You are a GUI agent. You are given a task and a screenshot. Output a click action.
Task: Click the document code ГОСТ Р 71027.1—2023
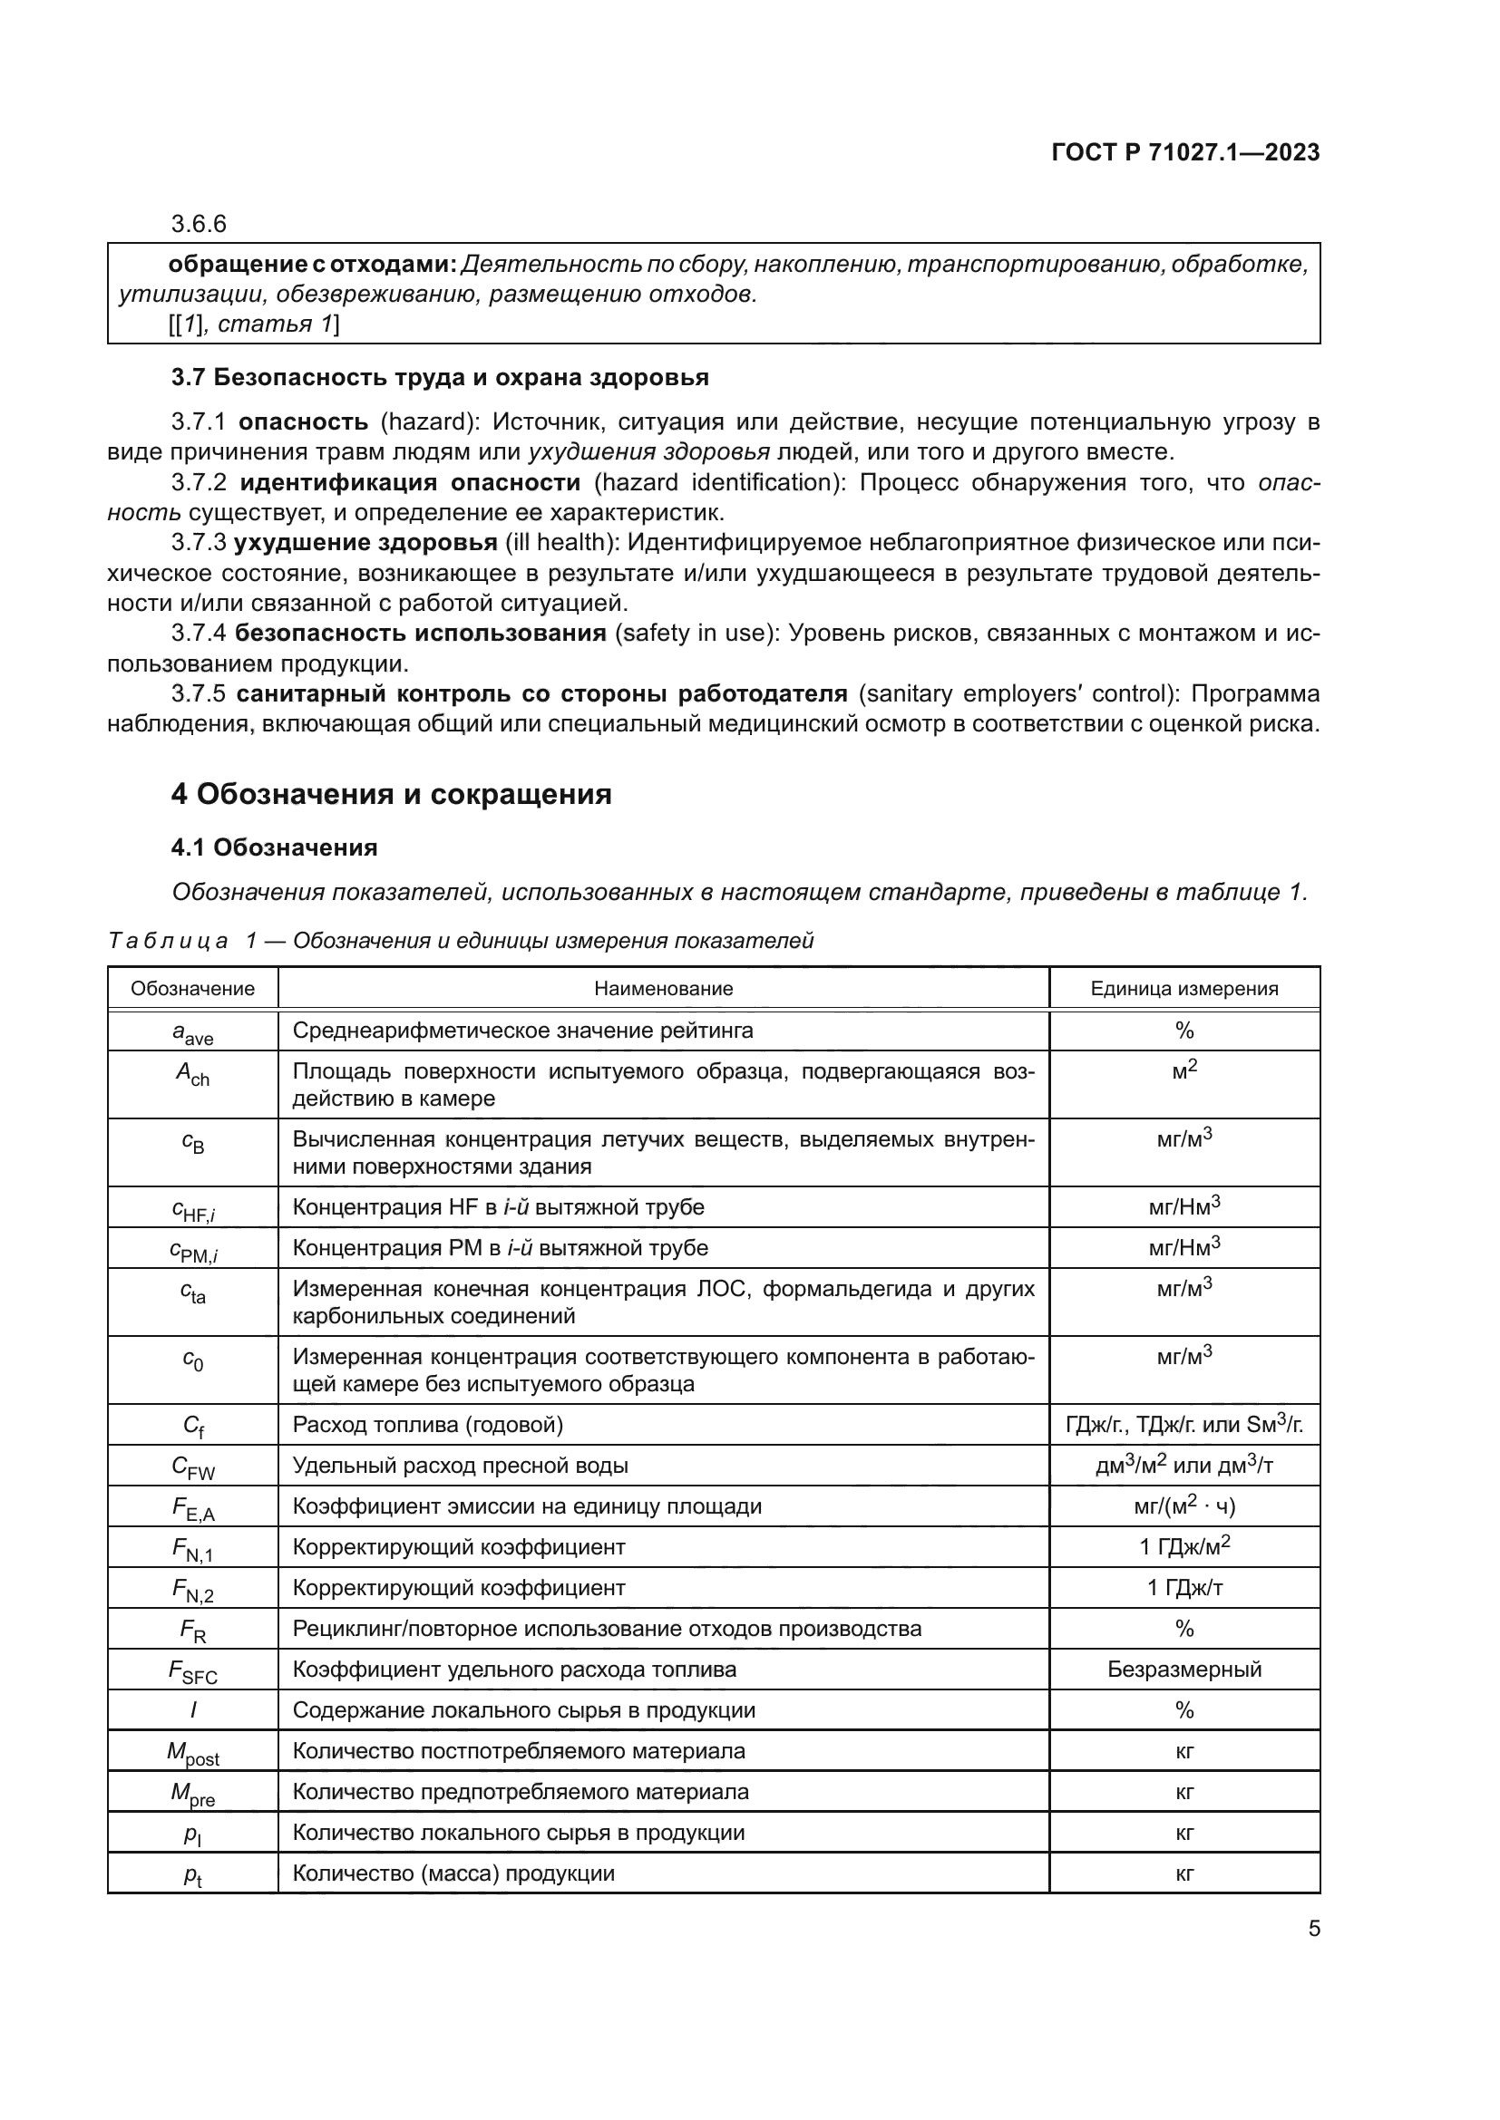click(x=1185, y=153)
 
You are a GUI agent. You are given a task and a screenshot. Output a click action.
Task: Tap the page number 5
click(x=1313, y=1929)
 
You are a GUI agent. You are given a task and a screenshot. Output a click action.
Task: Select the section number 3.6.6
click(x=199, y=225)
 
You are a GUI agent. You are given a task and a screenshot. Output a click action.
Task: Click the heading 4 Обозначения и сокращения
click(x=391, y=794)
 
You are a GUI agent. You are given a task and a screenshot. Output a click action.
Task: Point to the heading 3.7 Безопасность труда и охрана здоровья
click(x=440, y=378)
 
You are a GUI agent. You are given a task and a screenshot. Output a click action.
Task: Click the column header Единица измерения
click(x=1184, y=989)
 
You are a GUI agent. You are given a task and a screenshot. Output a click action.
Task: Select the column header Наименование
click(x=663, y=989)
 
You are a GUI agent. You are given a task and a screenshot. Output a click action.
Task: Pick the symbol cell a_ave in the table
click(x=192, y=1032)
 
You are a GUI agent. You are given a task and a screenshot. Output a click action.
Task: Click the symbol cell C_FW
click(x=192, y=1467)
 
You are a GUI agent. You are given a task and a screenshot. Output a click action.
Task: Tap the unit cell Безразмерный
click(x=1184, y=1670)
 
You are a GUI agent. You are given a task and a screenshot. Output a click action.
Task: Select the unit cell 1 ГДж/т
click(x=1184, y=1588)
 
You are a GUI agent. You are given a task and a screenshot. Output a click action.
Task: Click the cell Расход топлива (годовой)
click(x=428, y=1425)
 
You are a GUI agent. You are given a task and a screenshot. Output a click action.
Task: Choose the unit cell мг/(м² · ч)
click(x=1184, y=1507)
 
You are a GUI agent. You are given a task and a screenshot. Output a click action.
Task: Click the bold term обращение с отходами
click(x=312, y=265)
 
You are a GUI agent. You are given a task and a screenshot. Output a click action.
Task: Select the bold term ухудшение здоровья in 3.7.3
click(x=365, y=543)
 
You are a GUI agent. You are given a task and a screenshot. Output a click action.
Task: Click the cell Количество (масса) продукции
click(x=453, y=1873)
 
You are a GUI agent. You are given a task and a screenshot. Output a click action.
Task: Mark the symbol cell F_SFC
click(x=192, y=1670)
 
